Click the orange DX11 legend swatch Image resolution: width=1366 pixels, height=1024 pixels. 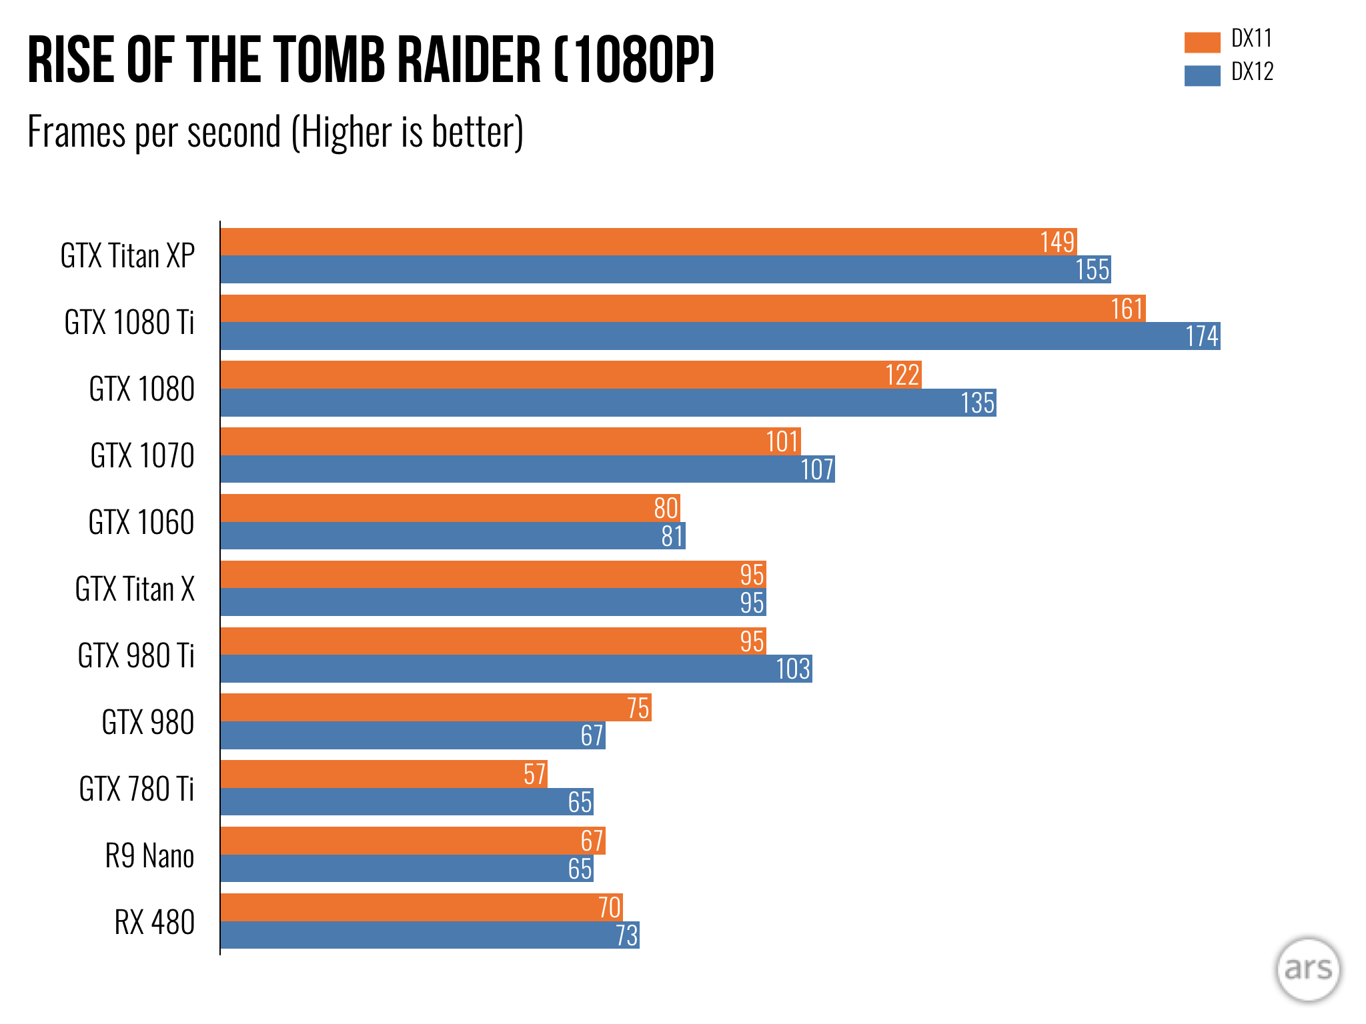tap(1202, 42)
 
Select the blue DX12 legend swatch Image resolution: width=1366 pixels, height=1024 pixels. tap(1202, 75)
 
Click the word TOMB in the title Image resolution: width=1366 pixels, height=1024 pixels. tap(329, 61)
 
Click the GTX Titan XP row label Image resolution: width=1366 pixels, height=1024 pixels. tap(127, 256)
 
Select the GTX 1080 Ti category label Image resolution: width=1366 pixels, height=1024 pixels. tap(129, 323)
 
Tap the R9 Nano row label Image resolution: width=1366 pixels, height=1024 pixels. tap(149, 856)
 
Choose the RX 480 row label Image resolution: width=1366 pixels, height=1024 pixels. tap(154, 923)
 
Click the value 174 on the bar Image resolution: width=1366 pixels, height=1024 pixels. tap(1202, 336)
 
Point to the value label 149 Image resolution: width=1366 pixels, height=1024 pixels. tap(1057, 242)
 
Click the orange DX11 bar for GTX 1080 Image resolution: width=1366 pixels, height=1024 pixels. tap(554, 375)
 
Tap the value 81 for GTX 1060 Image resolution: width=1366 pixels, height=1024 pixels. tap(672, 536)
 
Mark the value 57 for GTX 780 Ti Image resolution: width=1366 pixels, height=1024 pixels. tap(534, 775)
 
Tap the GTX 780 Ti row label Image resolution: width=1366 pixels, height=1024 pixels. tap(136, 789)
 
